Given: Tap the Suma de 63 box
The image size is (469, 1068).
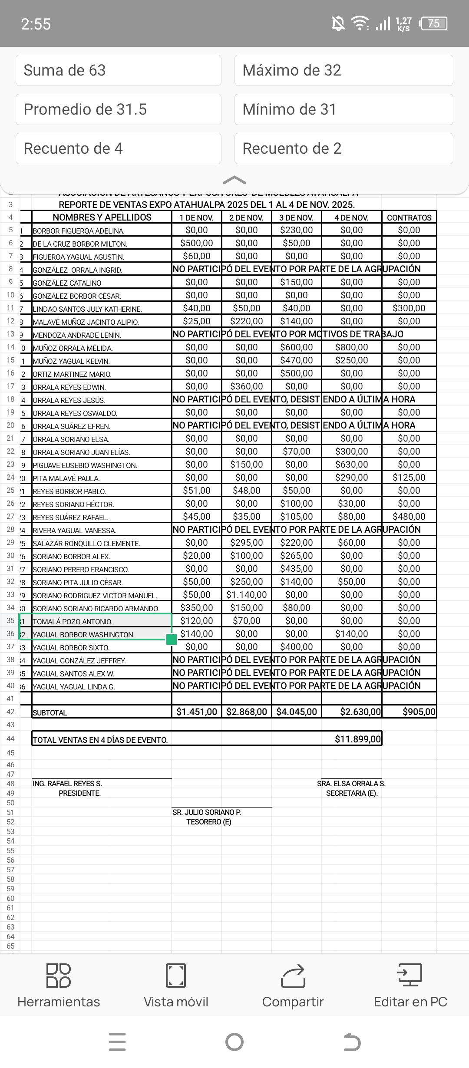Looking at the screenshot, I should point(118,70).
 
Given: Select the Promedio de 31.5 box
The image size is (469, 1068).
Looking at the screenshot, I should point(118,109).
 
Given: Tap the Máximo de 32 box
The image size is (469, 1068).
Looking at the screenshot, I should point(343,70).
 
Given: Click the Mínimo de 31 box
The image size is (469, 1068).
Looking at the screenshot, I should point(343,109).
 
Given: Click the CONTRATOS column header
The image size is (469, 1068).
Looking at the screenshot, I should point(409,218).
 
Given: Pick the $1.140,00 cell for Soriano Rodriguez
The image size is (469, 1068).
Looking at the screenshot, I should point(247,595).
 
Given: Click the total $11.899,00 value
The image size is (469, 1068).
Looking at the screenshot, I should point(357,739).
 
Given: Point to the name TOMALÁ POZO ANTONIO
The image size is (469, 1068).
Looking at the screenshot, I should point(73,622).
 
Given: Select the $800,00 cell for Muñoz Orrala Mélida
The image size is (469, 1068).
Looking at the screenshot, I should point(351,347).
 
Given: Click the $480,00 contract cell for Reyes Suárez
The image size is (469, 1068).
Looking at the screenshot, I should point(409,517).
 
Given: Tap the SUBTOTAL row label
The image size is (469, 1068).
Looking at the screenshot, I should point(50,713).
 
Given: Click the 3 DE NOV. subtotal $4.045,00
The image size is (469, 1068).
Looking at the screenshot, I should point(297,712).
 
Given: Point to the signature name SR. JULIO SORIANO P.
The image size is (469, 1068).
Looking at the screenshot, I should point(207,812).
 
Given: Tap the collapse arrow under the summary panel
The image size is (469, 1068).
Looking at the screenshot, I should point(234,180).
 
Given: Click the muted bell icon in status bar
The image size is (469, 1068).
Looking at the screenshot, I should point(338,23).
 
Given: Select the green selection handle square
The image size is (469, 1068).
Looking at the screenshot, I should point(172,639).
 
